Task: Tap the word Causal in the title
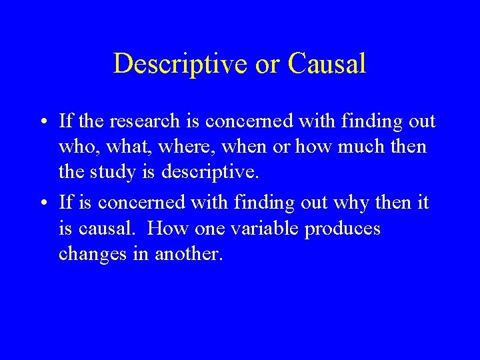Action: tap(327, 64)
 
